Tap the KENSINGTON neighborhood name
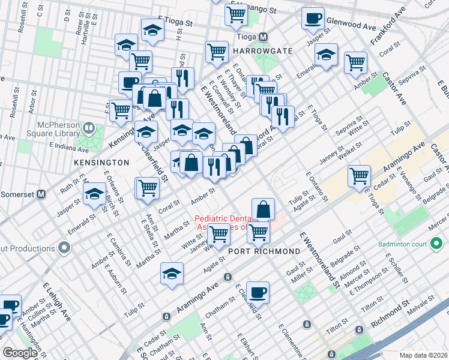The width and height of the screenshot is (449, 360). tap(101, 163)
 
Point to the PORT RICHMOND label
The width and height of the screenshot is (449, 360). tap(264, 251)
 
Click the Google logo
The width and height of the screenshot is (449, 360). tap(20, 353)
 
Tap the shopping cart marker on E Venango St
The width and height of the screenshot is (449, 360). tap(236, 13)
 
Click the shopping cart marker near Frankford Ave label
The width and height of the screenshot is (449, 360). tap(355, 61)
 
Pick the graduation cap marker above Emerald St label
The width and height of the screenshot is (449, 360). tap(94, 194)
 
